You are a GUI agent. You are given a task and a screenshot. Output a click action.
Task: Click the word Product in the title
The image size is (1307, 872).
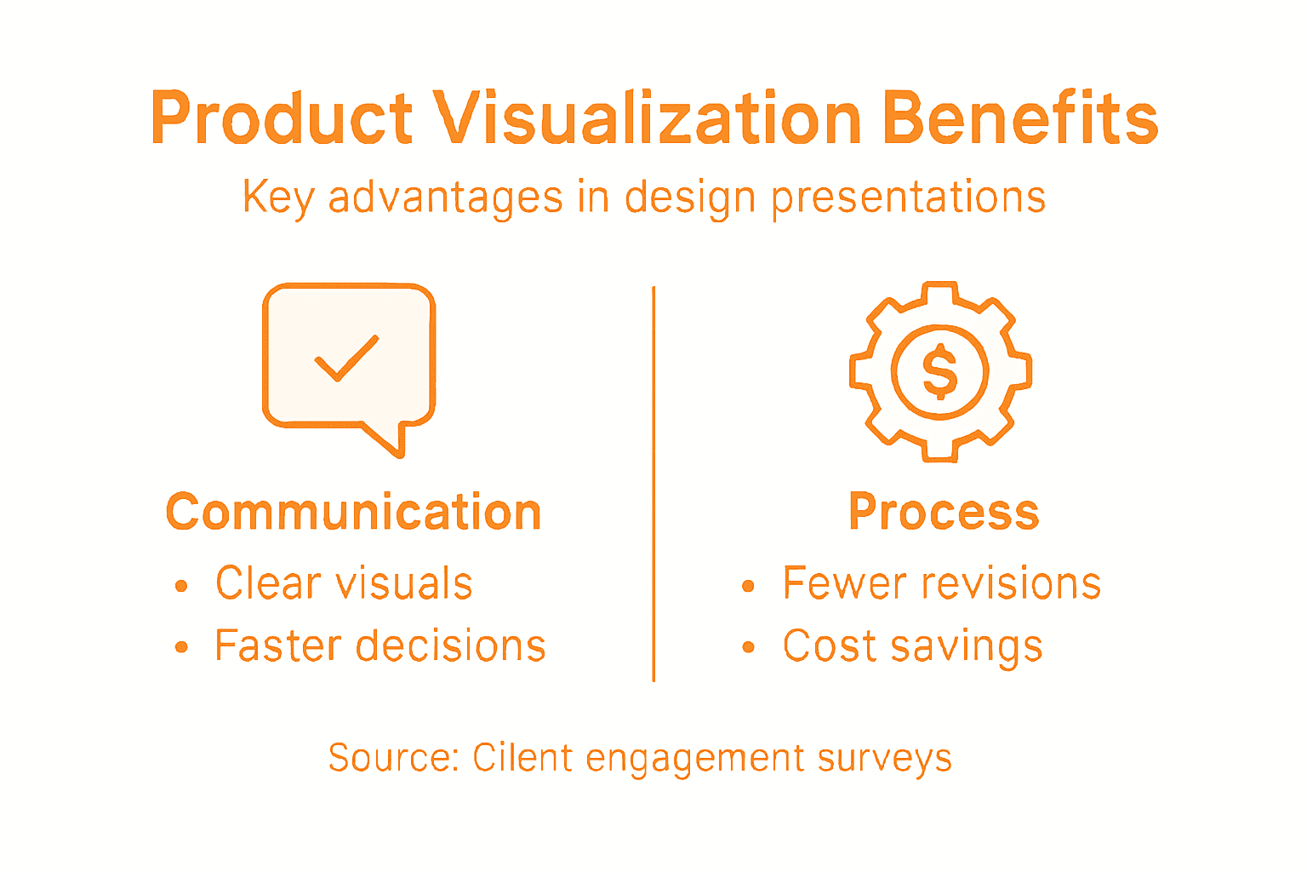click(x=282, y=118)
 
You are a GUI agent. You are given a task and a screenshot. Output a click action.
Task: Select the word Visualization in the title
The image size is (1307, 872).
click(x=648, y=118)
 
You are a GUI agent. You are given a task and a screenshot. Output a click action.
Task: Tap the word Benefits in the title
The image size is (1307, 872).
click(x=1020, y=118)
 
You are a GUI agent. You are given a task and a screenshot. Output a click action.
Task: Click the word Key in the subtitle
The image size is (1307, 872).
click(x=278, y=198)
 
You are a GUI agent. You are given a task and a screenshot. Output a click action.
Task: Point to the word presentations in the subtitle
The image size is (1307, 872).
click(x=908, y=198)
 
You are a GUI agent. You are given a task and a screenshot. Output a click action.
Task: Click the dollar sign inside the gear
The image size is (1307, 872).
click(x=940, y=372)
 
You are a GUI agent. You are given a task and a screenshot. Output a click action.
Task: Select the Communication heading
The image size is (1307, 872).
click(x=353, y=513)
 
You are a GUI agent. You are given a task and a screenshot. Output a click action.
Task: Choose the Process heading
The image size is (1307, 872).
click(x=944, y=513)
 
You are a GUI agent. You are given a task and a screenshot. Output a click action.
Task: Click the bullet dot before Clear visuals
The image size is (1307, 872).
click(x=180, y=586)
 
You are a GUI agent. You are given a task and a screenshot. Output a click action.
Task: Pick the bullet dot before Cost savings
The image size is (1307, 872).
click(x=748, y=648)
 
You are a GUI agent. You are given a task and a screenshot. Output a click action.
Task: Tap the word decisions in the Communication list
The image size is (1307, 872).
click(x=451, y=646)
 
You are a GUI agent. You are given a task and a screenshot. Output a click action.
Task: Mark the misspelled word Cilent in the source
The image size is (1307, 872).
click(x=522, y=758)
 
